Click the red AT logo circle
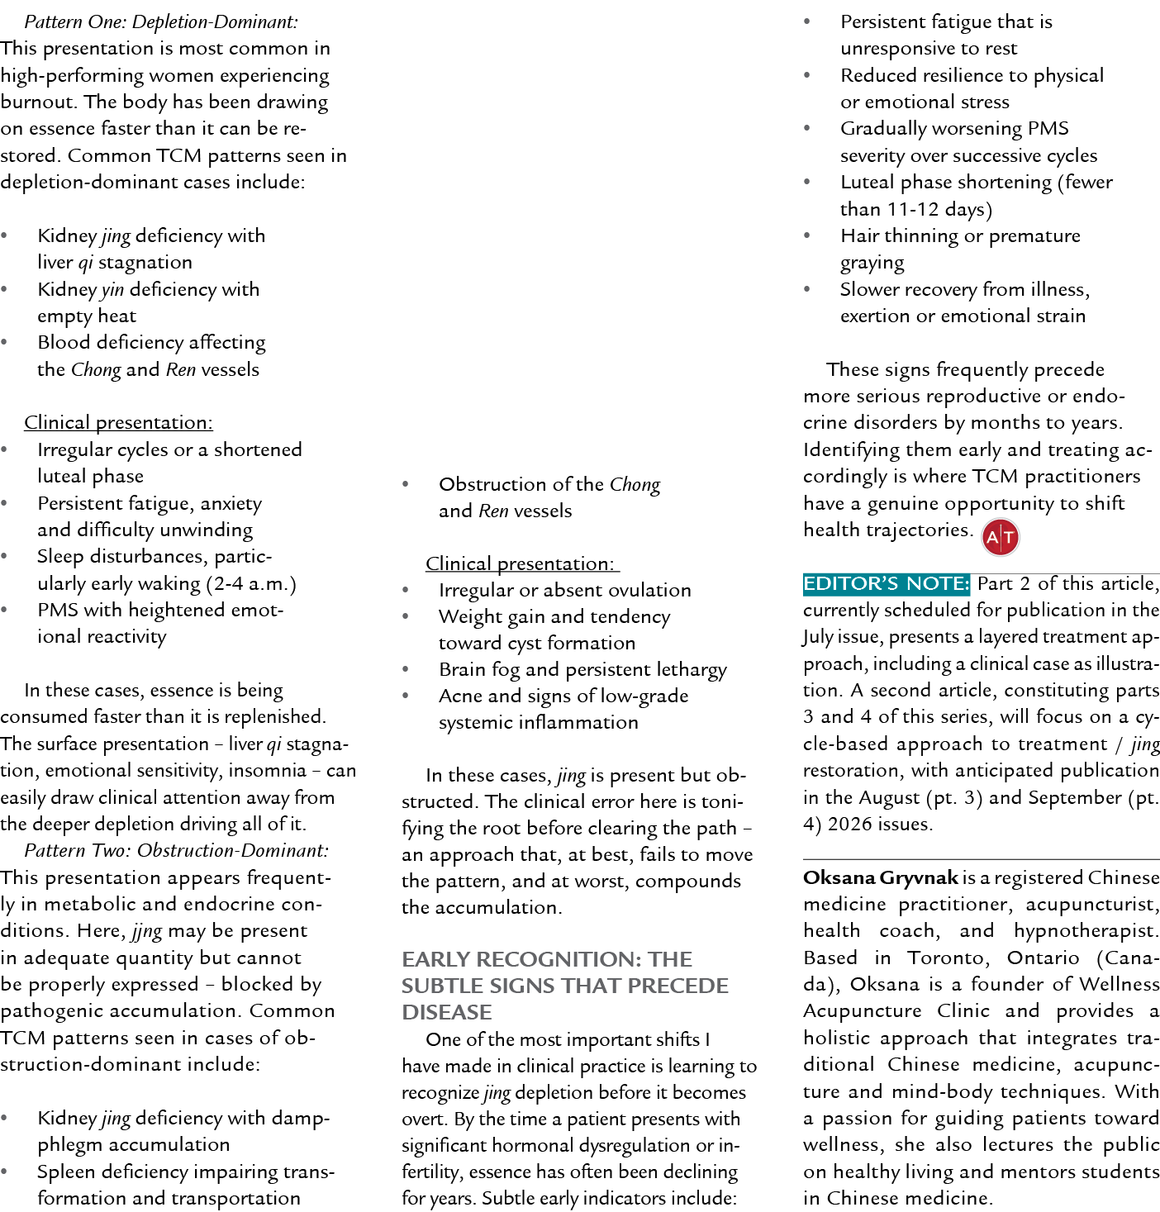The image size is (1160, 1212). click(1000, 537)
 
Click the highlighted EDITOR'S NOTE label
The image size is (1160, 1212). click(886, 584)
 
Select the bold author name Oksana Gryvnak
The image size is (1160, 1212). click(880, 877)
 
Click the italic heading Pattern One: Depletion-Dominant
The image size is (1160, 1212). click(161, 21)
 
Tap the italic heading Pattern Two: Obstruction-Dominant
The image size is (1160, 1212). click(176, 850)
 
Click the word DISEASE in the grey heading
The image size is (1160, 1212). click(447, 1012)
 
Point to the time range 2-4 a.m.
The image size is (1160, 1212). click(250, 583)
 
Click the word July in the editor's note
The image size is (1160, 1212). click(818, 637)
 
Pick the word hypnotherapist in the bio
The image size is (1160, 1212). click(1086, 931)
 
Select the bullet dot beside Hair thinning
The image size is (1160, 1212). click(806, 235)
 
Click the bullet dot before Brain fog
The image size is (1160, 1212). click(405, 669)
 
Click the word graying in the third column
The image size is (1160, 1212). click(872, 264)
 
